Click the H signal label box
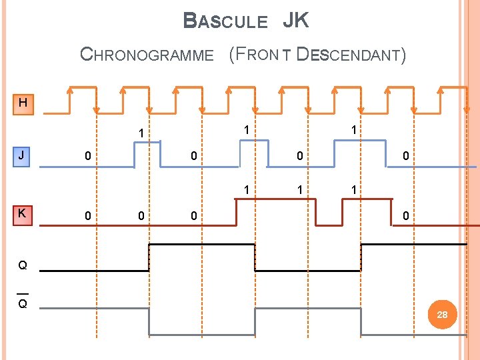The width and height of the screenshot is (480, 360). (23, 103)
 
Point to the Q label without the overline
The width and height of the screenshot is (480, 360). (23, 265)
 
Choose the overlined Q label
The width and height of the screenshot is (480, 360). (23, 303)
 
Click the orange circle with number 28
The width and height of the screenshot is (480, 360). (442, 314)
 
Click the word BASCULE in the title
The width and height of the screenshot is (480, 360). (225, 21)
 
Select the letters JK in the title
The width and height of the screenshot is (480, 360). (295, 21)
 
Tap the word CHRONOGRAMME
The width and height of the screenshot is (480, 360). (147, 55)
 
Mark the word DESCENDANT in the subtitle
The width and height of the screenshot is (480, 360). (351, 55)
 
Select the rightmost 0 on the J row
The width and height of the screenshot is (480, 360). (406, 156)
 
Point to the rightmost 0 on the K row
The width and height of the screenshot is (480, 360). (406, 216)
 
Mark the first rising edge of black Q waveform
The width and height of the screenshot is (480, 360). (149, 257)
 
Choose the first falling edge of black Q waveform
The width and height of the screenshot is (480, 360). (255, 257)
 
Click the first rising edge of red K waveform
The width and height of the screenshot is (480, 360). (237, 213)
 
